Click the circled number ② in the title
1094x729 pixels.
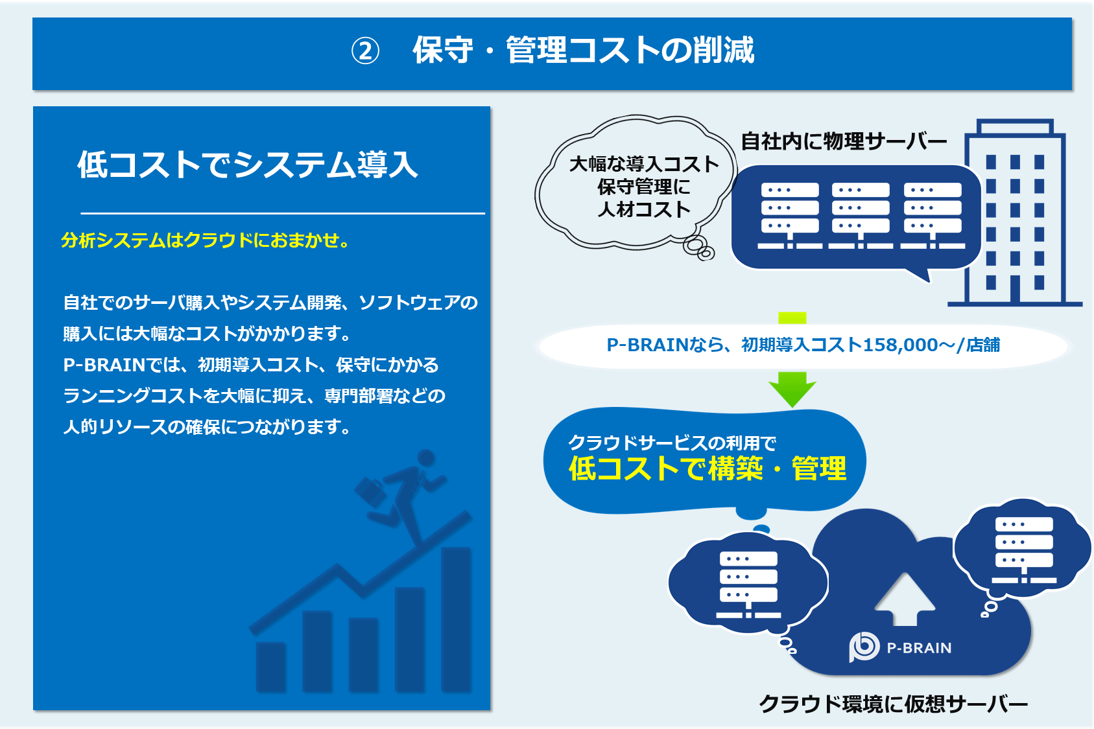[365, 51]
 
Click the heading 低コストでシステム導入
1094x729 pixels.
[248, 165]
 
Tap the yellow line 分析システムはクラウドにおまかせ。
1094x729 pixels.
[206, 240]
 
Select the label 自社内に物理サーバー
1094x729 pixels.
[843, 141]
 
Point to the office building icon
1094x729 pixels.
[1016, 214]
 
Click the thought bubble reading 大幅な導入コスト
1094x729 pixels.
[643, 164]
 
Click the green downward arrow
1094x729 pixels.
[792, 388]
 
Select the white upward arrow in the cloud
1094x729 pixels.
[905, 599]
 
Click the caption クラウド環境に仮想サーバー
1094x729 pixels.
[893, 704]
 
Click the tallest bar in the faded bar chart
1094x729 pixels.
[457, 619]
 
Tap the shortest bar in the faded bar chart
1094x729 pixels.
[271, 667]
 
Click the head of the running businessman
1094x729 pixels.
[426, 458]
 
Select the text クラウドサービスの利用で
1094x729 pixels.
[672, 443]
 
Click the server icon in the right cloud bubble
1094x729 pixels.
[1024, 550]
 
